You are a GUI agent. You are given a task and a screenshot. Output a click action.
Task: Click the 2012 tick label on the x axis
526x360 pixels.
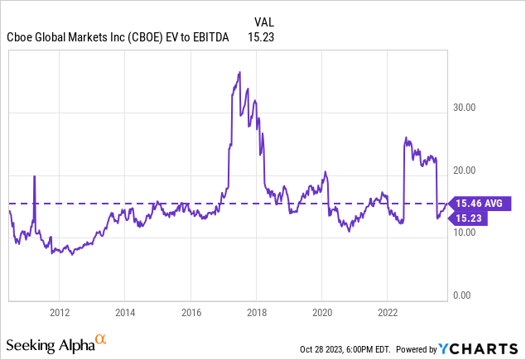point(59,312)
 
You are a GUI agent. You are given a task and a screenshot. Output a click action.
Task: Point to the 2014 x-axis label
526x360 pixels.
point(124,312)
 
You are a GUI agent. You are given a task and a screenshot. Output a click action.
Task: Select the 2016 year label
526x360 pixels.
point(191,312)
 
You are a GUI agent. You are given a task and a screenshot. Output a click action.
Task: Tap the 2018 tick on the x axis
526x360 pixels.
point(256,312)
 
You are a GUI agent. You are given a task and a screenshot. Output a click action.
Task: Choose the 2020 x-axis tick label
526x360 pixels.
point(322,312)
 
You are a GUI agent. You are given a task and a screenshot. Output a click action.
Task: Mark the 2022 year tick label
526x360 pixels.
point(388,312)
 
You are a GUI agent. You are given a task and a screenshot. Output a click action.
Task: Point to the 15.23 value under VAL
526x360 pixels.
point(262,36)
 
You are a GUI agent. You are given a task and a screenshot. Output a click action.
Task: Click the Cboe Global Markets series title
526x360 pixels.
point(122,36)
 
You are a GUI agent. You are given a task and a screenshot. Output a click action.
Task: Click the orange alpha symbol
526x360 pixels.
point(100,339)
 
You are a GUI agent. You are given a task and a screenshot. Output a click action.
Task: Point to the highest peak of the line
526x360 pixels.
point(239,72)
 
